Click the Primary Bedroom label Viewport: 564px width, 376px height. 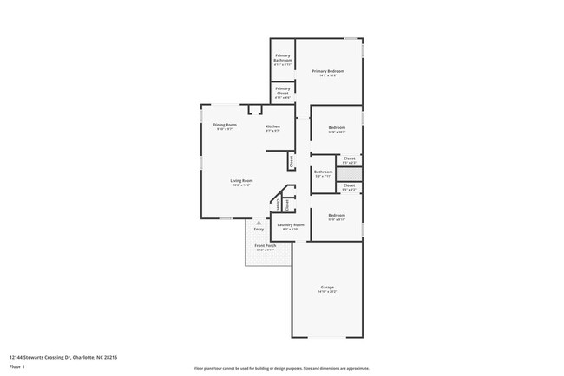[x=328, y=71]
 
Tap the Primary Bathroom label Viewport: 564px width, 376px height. [x=283, y=60]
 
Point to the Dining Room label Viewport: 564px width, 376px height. [x=225, y=126]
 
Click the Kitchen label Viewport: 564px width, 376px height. [x=272, y=126]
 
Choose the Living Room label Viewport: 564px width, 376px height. [x=241, y=180]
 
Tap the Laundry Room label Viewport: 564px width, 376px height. [x=291, y=225]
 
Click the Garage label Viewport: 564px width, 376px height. [x=327, y=287]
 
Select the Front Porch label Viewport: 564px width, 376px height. [x=265, y=246]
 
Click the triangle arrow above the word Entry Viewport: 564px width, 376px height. [x=258, y=223]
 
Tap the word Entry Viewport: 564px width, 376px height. [x=259, y=230]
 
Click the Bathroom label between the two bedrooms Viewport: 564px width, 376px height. [x=324, y=172]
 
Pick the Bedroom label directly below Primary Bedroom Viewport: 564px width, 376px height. [x=337, y=128]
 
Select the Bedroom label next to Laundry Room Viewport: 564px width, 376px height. [x=337, y=215]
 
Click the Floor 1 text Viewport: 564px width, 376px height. [x=17, y=367]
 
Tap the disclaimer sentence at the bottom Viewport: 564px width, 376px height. [x=282, y=368]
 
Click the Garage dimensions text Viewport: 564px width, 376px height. [x=327, y=292]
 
